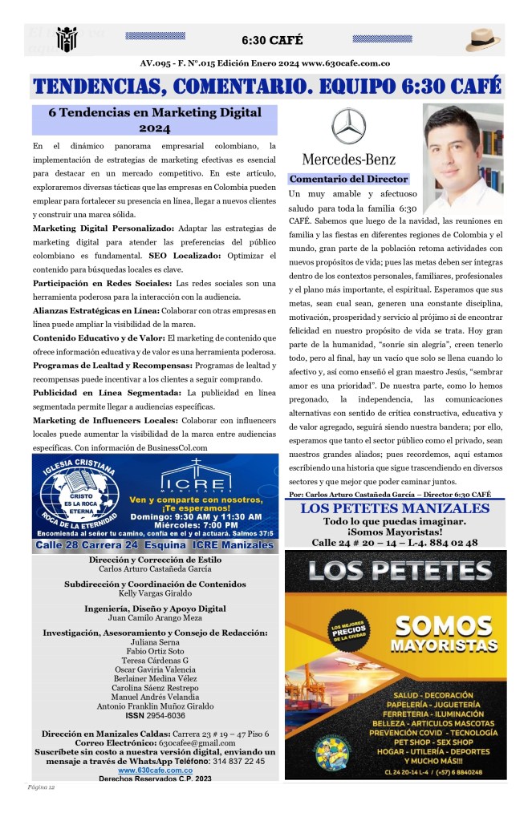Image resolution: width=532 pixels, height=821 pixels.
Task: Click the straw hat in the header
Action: [x=483, y=39]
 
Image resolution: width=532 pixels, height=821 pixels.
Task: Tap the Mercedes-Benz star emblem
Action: [x=348, y=127]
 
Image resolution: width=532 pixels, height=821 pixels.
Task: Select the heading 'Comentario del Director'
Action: [x=348, y=180]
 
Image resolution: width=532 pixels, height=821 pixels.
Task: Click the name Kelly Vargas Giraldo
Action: [x=155, y=594]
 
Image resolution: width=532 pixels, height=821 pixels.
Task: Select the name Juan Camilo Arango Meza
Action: [x=155, y=619]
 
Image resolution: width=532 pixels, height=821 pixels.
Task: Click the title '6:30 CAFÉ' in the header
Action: [x=272, y=40]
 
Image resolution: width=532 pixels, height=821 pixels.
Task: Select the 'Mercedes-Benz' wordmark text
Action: [x=348, y=159]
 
